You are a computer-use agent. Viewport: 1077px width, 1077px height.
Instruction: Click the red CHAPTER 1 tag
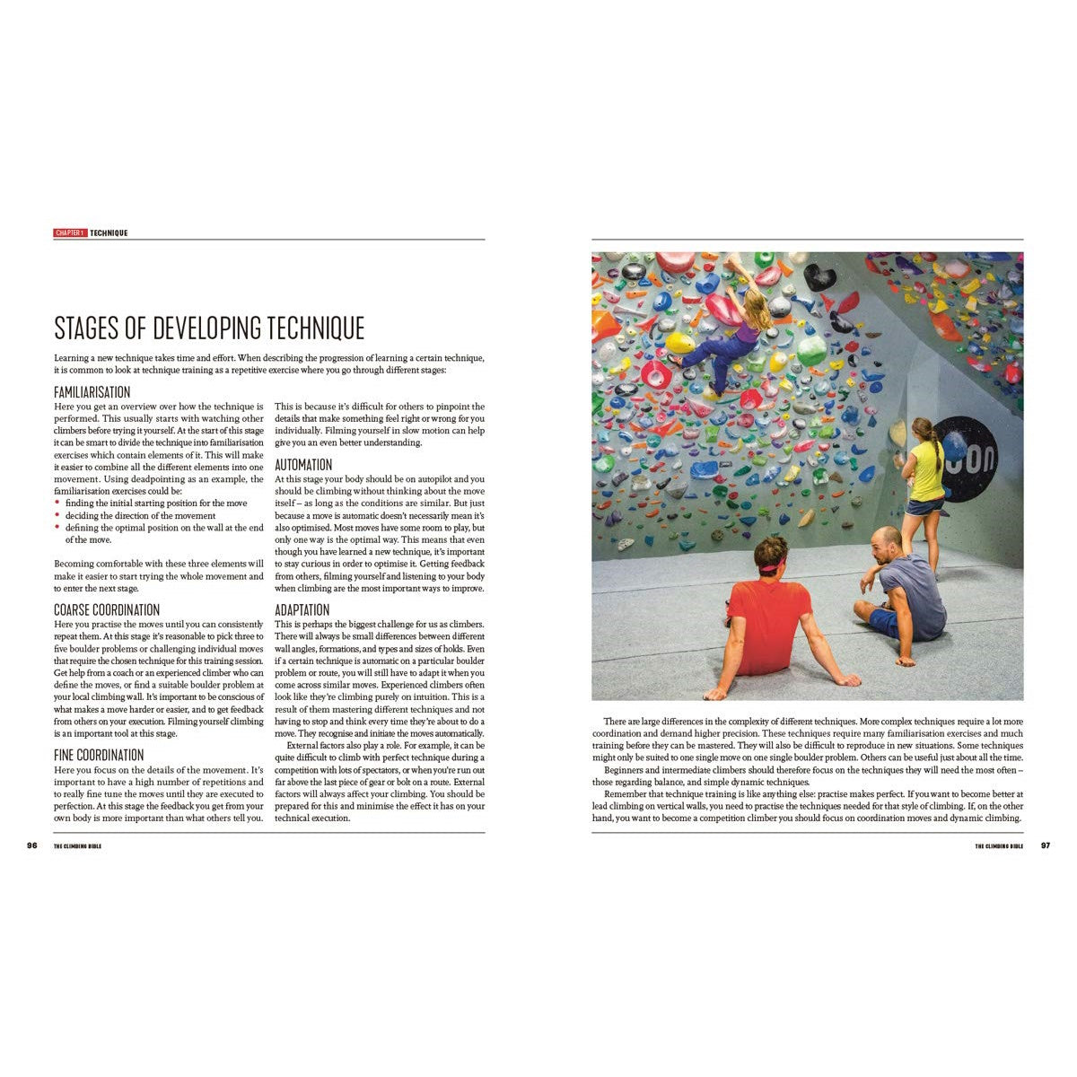tap(70, 233)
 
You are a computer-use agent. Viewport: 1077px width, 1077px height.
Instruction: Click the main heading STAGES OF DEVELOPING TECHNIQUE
tap(209, 328)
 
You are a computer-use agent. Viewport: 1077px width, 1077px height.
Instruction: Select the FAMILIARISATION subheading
tap(92, 392)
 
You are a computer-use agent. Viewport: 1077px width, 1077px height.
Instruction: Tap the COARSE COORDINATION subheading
tap(107, 610)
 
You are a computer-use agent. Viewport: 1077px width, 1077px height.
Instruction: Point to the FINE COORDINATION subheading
tap(99, 756)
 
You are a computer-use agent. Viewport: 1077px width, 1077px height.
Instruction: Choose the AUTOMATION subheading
tap(303, 465)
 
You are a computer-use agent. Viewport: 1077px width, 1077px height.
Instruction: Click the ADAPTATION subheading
tap(302, 610)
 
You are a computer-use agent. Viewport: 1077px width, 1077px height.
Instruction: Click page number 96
tap(32, 845)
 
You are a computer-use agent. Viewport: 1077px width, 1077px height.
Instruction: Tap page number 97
tap(1045, 845)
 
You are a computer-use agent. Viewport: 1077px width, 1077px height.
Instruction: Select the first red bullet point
tap(57, 503)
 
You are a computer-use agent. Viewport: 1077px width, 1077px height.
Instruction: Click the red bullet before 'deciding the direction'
tap(57, 516)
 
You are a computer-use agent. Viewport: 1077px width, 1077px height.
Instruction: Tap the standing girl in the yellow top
tap(924, 476)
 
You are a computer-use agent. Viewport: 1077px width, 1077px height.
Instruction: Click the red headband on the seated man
tap(771, 566)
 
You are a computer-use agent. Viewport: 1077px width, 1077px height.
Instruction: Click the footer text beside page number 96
tap(77, 846)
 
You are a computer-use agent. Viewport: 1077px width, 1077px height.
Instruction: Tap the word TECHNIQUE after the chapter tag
tap(109, 233)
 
